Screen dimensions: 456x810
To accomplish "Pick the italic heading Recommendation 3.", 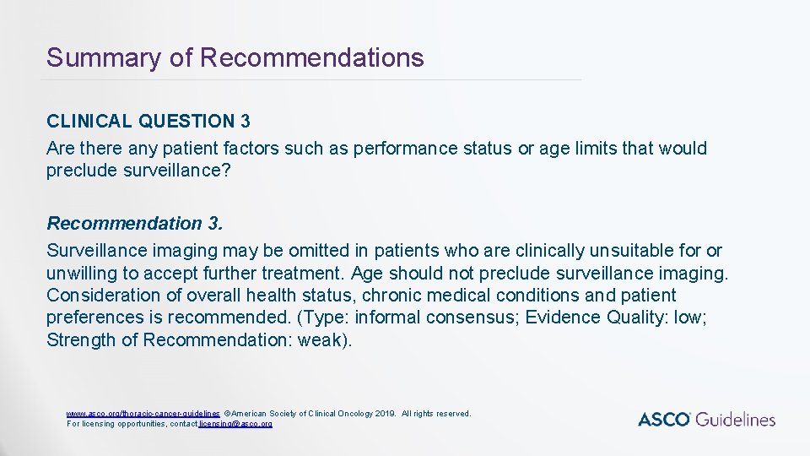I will [x=136, y=224].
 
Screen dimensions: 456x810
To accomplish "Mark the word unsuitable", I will [x=633, y=251].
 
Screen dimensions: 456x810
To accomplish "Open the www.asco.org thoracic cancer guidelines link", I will [x=143, y=414].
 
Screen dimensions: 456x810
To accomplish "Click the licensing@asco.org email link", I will [x=235, y=423].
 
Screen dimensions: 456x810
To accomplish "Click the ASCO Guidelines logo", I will [x=706, y=419].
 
